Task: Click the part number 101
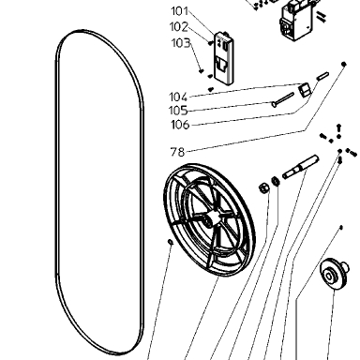pyautogui.click(x=180, y=11)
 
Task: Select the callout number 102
pyautogui.click(x=179, y=27)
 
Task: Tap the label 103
pyautogui.click(x=181, y=43)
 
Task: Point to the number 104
pyautogui.click(x=178, y=97)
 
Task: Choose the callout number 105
pyautogui.click(x=178, y=111)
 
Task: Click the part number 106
pyautogui.click(x=180, y=125)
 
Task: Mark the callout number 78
pyautogui.click(x=177, y=152)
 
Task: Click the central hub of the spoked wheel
pyautogui.click(x=211, y=218)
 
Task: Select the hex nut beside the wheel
pyautogui.click(x=264, y=188)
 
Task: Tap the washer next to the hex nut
pyautogui.click(x=276, y=181)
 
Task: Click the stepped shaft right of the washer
pyautogui.click(x=300, y=167)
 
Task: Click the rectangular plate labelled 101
pyautogui.click(x=223, y=58)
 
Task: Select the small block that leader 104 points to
pyautogui.click(x=305, y=89)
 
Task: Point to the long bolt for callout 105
pyautogui.click(x=283, y=99)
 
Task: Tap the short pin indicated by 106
pyautogui.click(x=322, y=76)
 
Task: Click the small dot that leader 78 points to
pyautogui.click(x=344, y=64)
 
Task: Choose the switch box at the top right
pyautogui.click(x=296, y=21)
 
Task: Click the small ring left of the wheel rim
pyautogui.click(x=171, y=242)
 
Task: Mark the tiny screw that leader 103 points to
pyautogui.click(x=202, y=71)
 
